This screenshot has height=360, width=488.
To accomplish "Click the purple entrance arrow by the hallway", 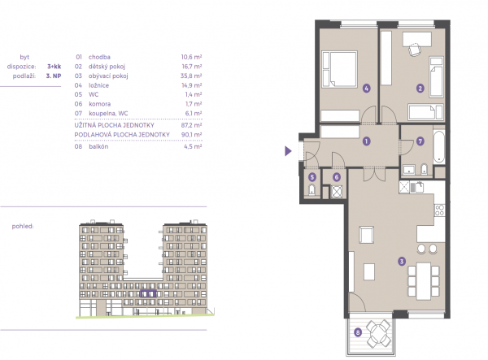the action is (x=288, y=151).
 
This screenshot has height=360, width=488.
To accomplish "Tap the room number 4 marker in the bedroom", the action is (x=366, y=89).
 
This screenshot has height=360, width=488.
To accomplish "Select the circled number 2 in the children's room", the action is (x=420, y=89).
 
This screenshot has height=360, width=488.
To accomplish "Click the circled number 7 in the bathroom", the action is (x=420, y=141).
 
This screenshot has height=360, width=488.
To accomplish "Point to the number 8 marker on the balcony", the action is (x=358, y=332).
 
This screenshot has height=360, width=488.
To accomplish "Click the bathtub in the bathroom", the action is (x=439, y=147).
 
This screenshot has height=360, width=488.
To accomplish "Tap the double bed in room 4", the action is (x=339, y=69).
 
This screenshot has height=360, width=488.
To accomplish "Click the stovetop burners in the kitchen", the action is (x=439, y=210).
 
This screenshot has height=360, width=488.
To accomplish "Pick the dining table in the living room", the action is (x=424, y=281).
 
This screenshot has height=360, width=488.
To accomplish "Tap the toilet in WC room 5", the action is (x=312, y=189).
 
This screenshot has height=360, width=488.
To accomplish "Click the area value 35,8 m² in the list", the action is (x=191, y=76).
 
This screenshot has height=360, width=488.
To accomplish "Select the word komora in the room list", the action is (x=99, y=104).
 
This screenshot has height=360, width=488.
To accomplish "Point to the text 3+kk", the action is (x=54, y=66).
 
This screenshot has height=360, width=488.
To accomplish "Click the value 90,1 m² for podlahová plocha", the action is (x=191, y=135).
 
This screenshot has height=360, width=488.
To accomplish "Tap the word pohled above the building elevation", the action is (x=23, y=227).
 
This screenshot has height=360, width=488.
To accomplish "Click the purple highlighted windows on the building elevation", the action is (x=148, y=293).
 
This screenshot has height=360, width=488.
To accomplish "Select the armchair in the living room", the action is (x=366, y=235).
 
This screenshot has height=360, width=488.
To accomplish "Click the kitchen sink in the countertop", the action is (x=416, y=187).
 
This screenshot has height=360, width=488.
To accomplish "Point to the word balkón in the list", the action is (x=98, y=146).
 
